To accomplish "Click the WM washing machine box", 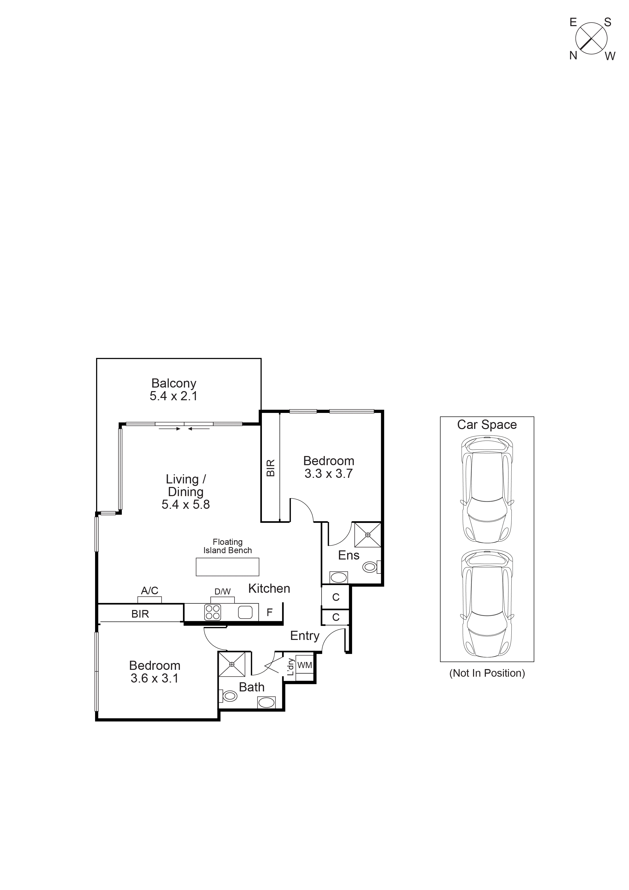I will tap(305, 665).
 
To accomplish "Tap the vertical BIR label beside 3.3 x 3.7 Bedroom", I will tap(271, 468).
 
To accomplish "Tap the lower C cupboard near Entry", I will tap(336, 617).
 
